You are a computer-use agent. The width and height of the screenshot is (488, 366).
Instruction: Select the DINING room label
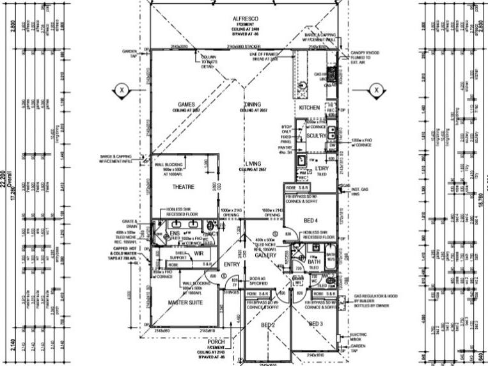(x=253, y=104)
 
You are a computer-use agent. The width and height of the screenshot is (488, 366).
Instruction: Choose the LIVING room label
(x=253, y=164)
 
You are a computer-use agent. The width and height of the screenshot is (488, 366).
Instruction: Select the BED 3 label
(x=316, y=324)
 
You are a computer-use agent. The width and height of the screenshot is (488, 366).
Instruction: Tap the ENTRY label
(x=230, y=264)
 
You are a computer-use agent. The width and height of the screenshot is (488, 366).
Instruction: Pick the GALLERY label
(x=264, y=255)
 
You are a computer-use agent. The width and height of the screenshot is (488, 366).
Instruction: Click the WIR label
(x=199, y=253)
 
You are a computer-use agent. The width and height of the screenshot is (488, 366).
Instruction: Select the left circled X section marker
(x=122, y=90)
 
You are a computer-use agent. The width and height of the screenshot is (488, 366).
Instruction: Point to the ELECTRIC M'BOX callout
(x=359, y=336)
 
